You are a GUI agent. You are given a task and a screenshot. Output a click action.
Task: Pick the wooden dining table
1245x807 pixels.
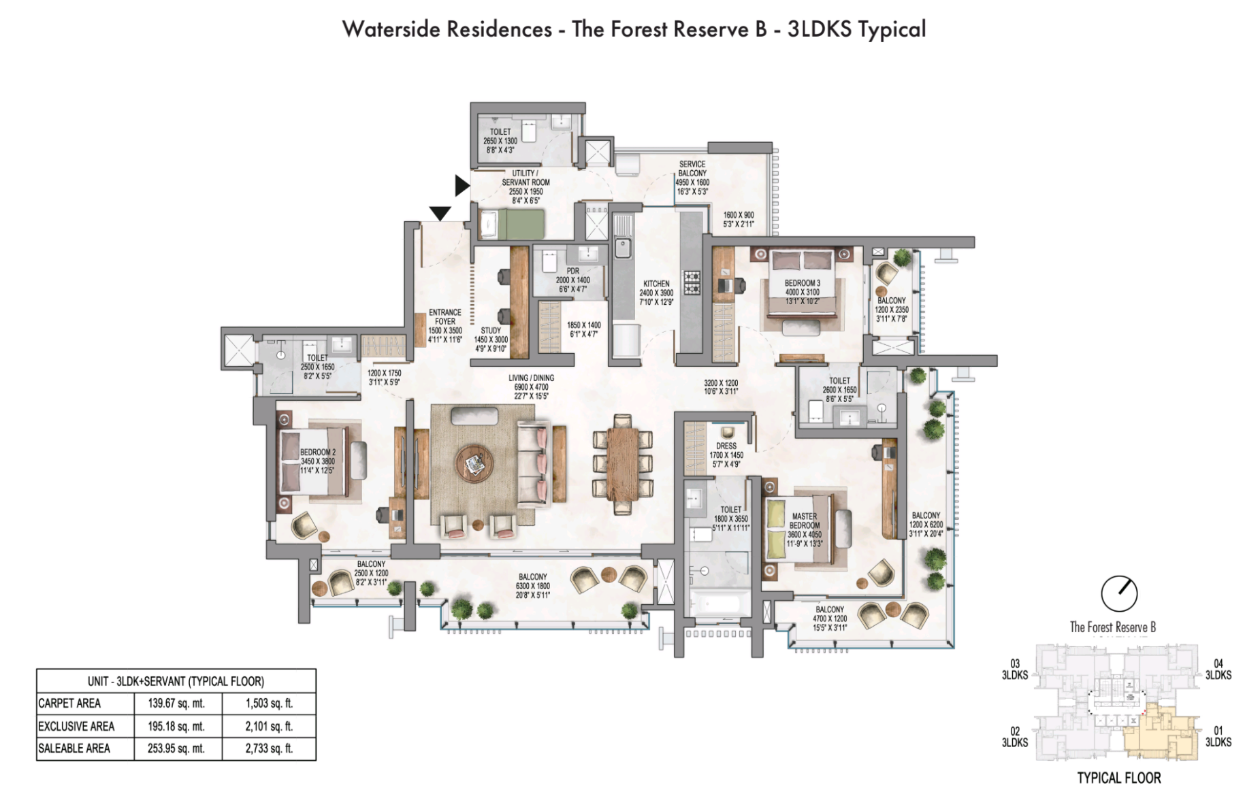pyautogui.click(x=622, y=463)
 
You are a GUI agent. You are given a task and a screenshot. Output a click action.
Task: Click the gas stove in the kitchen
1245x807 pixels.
pyautogui.click(x=692, y=282)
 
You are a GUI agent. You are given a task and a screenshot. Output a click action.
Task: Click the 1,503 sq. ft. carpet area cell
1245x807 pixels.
pyautogui.click(x=269, y=704)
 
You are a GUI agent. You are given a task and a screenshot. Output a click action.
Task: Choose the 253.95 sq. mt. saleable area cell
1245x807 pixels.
pyautogui.click(x=176, y=748)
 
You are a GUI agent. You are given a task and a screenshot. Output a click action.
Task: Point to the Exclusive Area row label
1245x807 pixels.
pyautogui.click(x=76, y=726)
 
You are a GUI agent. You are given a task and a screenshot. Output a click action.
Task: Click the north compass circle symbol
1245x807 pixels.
pyautogui.click(x=1119, y=593)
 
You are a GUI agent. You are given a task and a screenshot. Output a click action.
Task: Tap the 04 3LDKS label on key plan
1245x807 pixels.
pyautogui.click(x=1218, y=670)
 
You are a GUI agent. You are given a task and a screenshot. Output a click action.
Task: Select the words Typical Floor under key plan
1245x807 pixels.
pyautogui.click(x=1119, y=778)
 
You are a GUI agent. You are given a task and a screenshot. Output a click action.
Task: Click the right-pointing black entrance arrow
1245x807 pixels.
pyautogui.click(x=462, y=185)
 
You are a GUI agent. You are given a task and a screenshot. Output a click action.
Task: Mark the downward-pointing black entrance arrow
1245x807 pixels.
pyautogui.click(x=440, y=214)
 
